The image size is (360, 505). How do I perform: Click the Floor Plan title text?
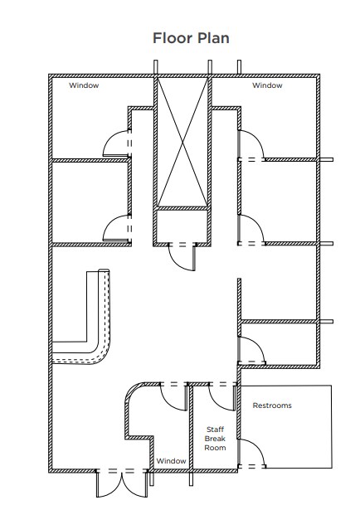click(191, 38)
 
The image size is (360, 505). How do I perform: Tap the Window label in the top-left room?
click(84, 85)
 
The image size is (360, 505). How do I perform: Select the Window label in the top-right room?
click(267, 85)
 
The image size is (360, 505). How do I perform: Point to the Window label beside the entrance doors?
click(171, 461)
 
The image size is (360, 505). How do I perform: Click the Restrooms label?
click(272, 405)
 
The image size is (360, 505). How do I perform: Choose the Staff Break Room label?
click(215, 438)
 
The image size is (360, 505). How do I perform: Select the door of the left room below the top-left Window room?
click(116, 228)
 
